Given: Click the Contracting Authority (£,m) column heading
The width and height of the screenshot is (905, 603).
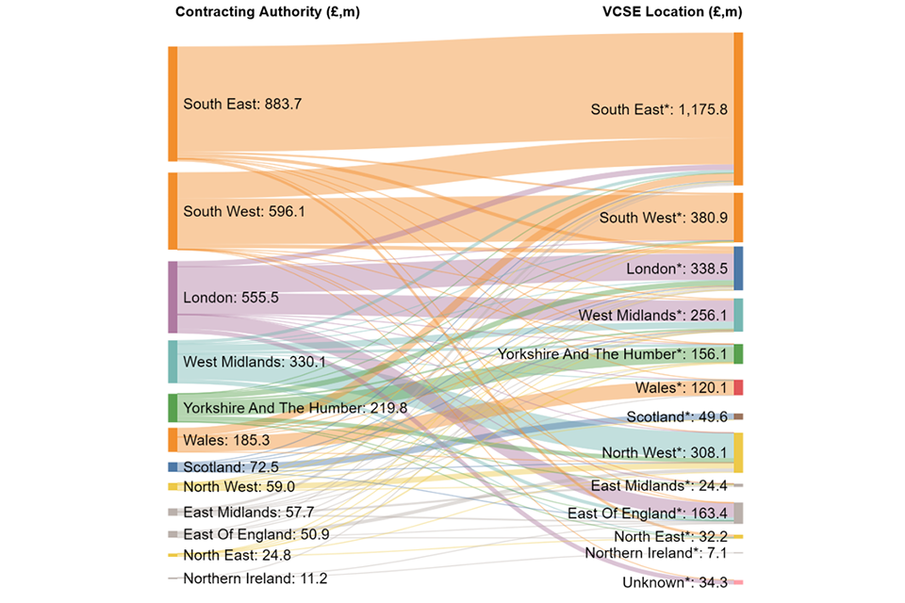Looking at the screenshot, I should (268, 12).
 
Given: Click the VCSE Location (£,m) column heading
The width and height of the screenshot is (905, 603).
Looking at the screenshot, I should (672, 12).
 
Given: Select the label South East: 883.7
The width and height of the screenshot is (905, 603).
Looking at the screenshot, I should (242, 105).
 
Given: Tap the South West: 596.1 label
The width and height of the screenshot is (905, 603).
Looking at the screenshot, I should (244, 212).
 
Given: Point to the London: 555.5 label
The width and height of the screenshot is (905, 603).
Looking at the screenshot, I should (230, 298).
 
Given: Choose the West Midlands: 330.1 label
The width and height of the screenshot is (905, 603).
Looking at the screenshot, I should (253, 361).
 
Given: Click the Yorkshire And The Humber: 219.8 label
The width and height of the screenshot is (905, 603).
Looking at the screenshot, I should (295, 408).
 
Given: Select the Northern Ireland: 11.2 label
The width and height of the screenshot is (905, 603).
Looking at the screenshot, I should (255, 579).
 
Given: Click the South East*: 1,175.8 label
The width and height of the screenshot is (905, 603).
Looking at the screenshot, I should (659, 109).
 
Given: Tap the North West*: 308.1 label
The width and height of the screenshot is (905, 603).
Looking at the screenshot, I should (665, 453).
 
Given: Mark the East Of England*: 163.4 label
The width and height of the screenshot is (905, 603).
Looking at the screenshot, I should (648, 513).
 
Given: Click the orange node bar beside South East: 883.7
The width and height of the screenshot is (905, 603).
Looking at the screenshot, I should (173, 103).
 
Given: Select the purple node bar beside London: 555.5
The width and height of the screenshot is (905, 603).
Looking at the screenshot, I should (173, 297).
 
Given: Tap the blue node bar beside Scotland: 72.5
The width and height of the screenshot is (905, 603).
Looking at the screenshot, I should (173, 466).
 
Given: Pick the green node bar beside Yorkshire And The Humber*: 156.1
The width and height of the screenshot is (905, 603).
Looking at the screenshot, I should (738, 354).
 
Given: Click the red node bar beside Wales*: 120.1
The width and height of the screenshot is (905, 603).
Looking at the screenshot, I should (738, 387).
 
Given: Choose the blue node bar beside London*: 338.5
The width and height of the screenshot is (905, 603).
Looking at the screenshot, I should (738, 269).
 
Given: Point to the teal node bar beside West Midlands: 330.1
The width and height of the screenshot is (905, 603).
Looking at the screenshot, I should (173, 362).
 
